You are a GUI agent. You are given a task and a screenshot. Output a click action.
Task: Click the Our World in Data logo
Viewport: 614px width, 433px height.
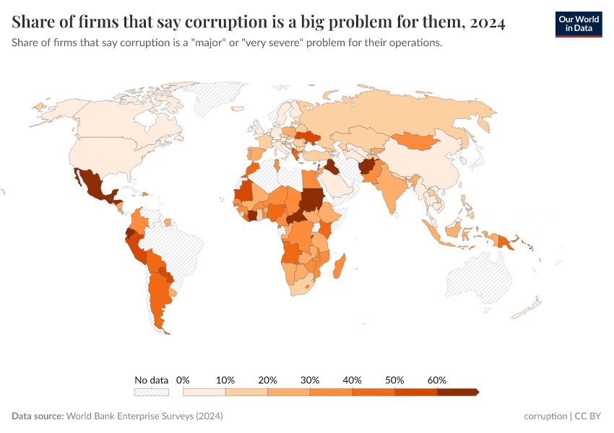point(578,24)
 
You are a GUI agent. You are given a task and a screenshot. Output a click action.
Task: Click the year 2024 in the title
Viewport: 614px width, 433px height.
point(487,23)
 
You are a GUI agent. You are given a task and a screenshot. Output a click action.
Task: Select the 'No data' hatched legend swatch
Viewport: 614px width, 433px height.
point(151,392)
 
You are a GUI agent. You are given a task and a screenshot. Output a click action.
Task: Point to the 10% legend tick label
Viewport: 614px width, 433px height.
point(226,380)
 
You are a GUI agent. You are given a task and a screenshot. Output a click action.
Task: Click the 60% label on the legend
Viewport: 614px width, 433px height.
point(437,380)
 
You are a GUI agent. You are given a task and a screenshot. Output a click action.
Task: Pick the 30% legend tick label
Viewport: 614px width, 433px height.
point(311,380)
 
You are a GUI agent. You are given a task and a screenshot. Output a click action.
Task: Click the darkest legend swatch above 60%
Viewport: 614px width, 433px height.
point(457,392)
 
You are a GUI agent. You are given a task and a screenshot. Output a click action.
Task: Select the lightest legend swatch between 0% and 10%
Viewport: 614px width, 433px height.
point(204,392)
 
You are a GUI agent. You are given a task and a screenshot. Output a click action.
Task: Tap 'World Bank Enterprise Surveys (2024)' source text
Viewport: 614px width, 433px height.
point(144,416)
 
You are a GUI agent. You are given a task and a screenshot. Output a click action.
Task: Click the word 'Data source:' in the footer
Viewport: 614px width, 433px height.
point(38,416)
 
